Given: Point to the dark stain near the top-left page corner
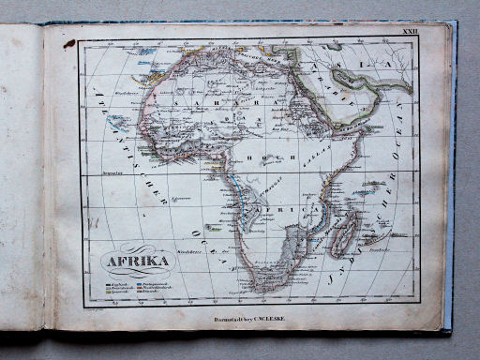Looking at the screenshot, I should [69, 43].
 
